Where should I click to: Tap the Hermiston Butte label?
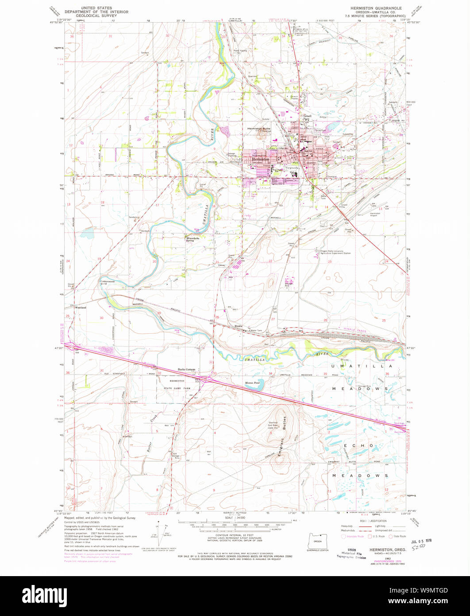258,129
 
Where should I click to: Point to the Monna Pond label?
252,382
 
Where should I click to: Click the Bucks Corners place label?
186,369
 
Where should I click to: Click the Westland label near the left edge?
80,307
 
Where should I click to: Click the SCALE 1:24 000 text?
235,517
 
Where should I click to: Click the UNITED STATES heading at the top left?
88,8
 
